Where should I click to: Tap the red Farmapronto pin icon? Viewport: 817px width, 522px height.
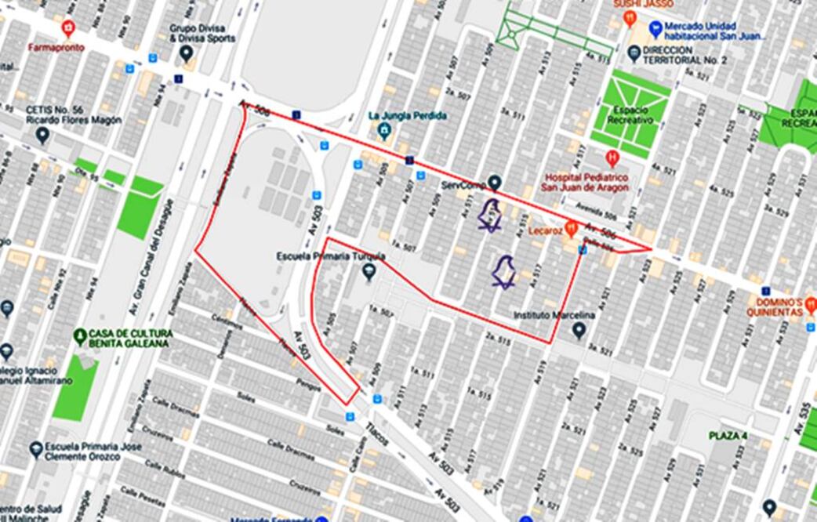68,29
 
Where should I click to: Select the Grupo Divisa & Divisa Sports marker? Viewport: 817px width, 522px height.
187,53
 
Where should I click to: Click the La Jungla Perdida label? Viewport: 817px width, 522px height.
407,116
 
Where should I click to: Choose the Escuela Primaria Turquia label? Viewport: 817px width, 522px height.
331,256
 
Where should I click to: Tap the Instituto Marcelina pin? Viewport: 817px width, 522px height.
579,331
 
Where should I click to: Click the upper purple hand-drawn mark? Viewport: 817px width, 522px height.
491,216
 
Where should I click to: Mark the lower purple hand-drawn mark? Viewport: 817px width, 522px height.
503,272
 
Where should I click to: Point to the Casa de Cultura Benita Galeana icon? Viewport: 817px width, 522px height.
80,337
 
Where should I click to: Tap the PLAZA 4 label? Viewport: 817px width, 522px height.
728,435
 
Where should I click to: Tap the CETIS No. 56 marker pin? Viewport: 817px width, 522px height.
42,135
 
